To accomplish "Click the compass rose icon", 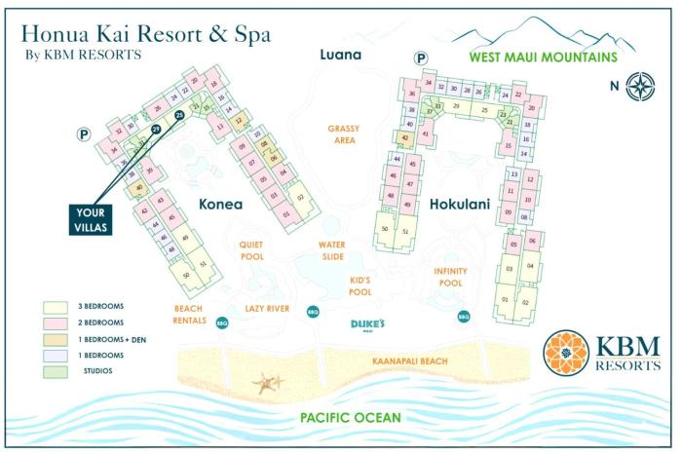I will [640, 86].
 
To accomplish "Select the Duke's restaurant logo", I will [369, 324].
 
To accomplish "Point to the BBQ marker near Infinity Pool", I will [463, 316].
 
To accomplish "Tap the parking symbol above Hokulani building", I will [421, 58].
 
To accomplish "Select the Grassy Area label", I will [344, 134].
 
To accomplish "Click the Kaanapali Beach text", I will [410, 361].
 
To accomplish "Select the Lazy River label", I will [269, 308].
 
